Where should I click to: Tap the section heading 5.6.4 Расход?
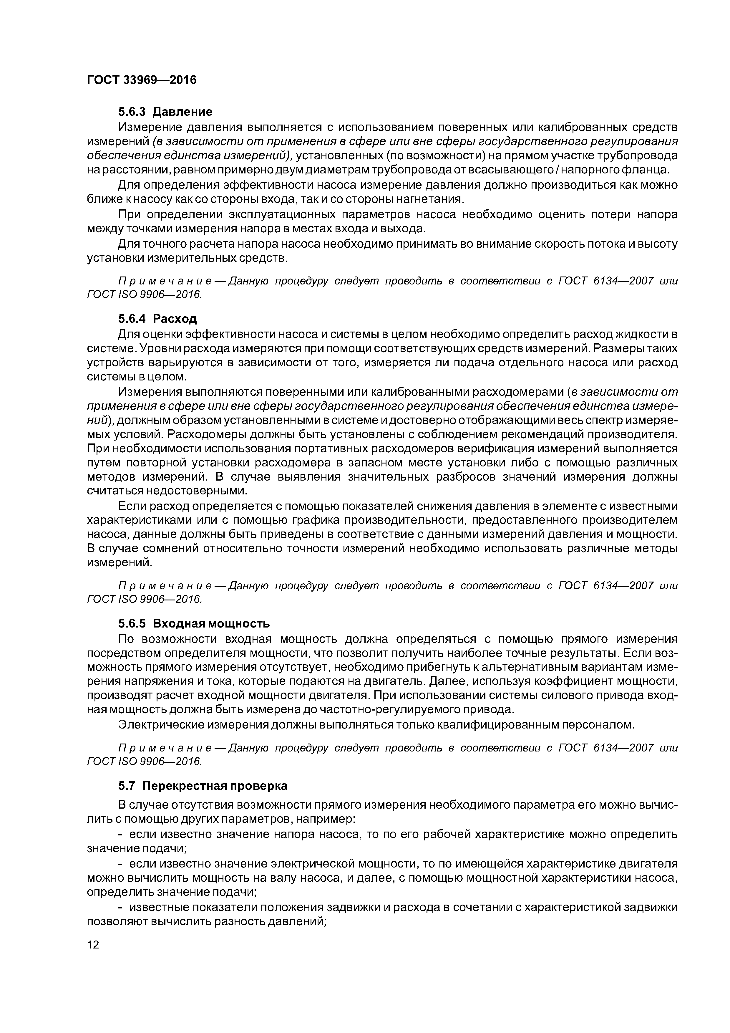157,319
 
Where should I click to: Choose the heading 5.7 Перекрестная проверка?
203,786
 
